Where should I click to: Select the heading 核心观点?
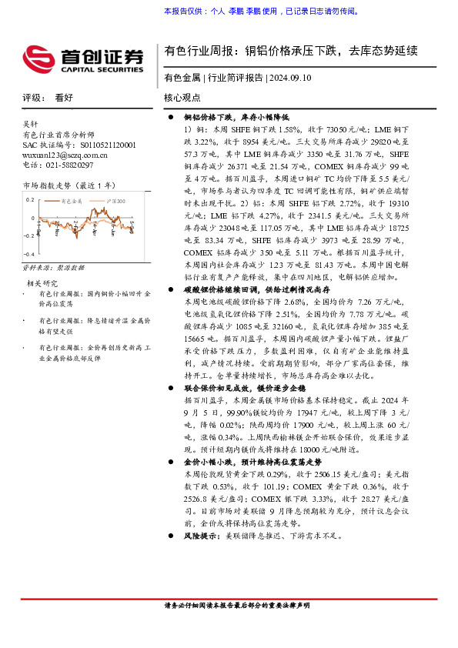(x=182, y=98)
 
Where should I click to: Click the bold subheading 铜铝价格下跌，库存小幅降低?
(x=236, y=116)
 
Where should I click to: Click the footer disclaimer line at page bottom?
(x=238, y=605)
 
